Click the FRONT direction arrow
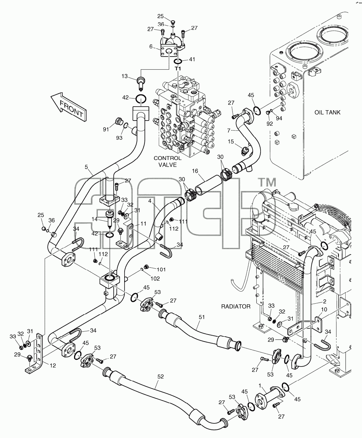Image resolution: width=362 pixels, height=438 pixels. click(69, 107)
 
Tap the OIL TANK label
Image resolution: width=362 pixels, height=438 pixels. click(327, 112)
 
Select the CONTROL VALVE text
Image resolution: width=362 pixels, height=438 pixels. click(167, 161)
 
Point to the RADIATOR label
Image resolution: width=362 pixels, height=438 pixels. click(236, 306)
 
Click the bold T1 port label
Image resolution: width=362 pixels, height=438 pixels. click(178, 69)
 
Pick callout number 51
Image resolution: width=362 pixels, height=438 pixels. click(201, 317)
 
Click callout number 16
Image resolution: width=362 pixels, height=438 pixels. click(195, 171)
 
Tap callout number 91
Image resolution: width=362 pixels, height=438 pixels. click(106, 129)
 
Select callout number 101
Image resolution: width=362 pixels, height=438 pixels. click(161, 269)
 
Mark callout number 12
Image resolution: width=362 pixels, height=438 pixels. click(53, 365)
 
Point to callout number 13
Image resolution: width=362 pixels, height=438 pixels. click(125, 76)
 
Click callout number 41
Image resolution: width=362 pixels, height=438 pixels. click(192, 59)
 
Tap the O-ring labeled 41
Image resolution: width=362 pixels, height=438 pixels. click(178, 62)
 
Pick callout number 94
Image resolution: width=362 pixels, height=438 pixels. click(279, 118)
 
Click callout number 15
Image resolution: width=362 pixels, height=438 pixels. click(231, 141)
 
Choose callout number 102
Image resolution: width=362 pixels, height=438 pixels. click(155, 279)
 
